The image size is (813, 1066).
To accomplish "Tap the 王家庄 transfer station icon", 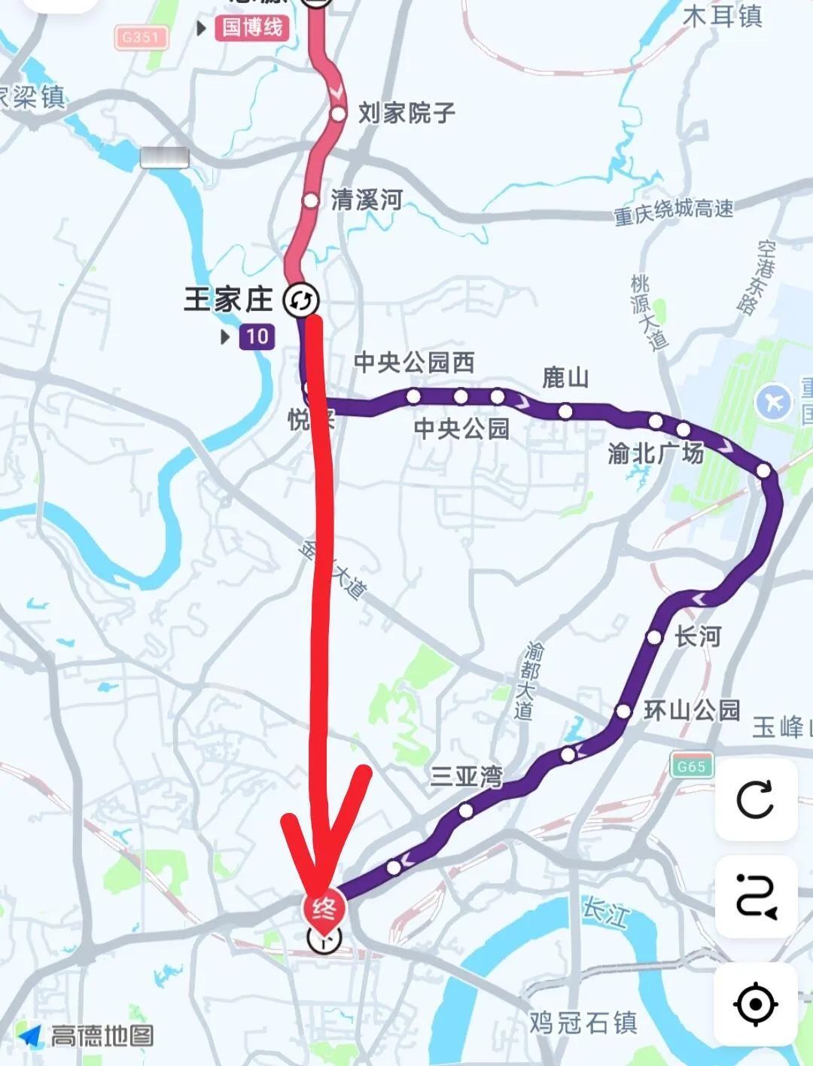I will (301, 300).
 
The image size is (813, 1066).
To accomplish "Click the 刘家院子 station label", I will (406, 114).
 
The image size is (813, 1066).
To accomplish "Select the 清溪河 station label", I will (367, 200).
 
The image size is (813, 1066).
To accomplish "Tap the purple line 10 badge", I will (257, 336).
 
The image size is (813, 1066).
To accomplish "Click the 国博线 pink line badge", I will (251, 28).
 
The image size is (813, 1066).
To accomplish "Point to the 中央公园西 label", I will (414, 363).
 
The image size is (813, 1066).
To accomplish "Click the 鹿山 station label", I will (565, 378).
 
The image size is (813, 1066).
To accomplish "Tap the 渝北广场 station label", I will (656, 453).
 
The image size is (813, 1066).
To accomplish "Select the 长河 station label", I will (697, 637).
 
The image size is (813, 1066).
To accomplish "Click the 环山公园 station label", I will (692, 710).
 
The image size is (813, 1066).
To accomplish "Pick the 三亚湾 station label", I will (466, 776).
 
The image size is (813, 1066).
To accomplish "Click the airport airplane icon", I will (775, 401).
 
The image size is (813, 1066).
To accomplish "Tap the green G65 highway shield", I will (691, 766).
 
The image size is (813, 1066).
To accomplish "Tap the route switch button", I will (756, 897).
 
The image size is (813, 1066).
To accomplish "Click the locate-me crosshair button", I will (756, 1004).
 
